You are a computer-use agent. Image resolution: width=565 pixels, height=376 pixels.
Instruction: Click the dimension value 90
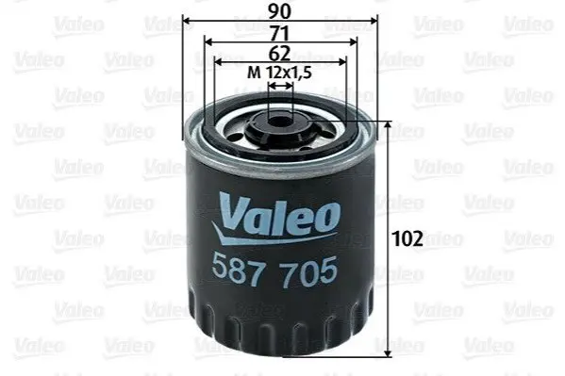coord(279,11)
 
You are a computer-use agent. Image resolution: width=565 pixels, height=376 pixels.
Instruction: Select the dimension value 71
coord(279,34)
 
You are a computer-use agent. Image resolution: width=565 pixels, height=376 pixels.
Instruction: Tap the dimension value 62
coord(279,54)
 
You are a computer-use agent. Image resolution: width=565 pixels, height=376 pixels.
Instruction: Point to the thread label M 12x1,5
coord(279,74)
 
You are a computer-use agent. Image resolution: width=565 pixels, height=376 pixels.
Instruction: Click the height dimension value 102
coord(407,238)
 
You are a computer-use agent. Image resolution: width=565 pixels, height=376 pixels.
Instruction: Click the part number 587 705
coord(274,271)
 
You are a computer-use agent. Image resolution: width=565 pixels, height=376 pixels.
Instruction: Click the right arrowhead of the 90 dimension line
coord(373,21)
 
